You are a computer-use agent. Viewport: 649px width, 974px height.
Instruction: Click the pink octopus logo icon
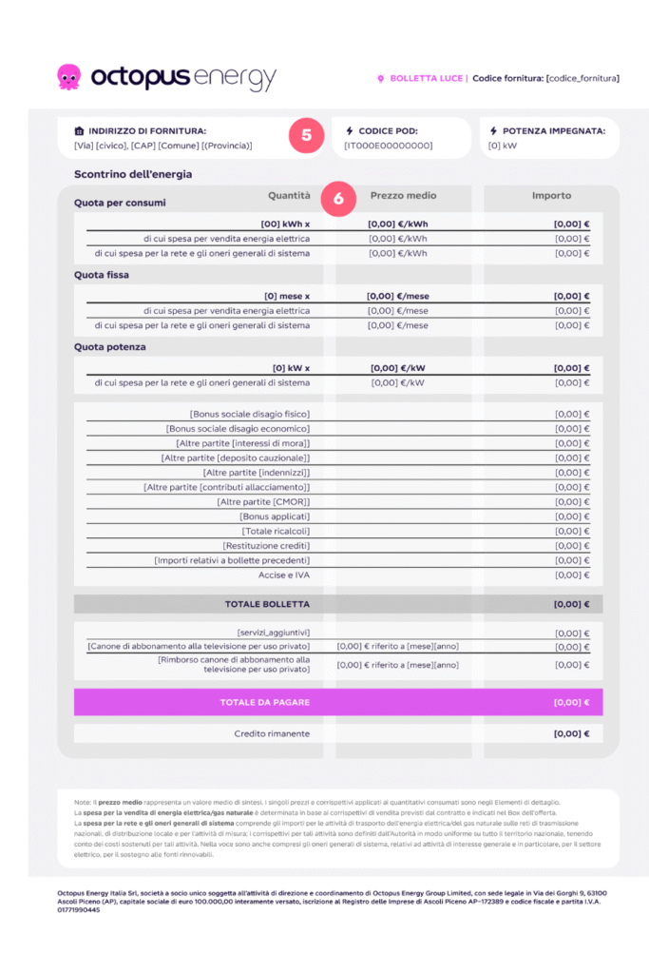click(x=69, y=76)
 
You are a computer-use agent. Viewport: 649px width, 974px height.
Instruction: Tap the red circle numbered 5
click(x=306, y=135)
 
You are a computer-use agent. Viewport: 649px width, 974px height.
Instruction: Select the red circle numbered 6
click(x=338, y=199)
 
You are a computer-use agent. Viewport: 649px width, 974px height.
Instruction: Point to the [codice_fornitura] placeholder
click(x=582, y=78)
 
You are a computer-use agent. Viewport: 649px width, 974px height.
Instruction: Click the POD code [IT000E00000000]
click(x=389, y=146)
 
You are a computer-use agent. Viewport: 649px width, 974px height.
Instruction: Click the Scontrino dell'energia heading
click(x=133, y=175)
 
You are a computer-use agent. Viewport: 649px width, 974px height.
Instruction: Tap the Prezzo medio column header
click(x=403, y=196)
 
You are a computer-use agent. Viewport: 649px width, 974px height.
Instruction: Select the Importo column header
click(x=551, y=196)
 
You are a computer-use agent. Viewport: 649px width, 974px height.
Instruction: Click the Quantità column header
click(x=289, y=196)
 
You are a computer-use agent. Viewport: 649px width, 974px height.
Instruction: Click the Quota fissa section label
click(x=101, y=275)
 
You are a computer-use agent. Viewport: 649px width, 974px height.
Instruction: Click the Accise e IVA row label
click(x=284, y=575)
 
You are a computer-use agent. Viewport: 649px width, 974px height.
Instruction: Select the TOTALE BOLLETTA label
click(x=267, y=604)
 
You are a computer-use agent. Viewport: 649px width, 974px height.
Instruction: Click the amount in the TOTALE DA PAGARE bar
click(x=572, y=703)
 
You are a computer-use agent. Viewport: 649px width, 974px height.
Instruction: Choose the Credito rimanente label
click(x=272, y=734)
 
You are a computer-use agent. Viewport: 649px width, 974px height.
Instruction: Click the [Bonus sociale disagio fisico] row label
click(x=250, y=414)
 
